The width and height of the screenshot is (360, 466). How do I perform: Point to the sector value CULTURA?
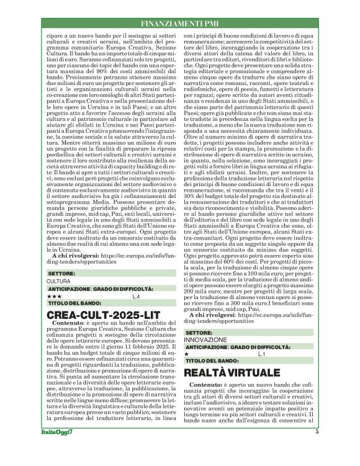coord(58,281)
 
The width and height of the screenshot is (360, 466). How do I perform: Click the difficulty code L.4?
coord(136,297)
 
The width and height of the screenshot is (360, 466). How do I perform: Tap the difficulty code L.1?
coord(261,354)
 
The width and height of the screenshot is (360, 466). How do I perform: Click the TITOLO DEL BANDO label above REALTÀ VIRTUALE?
coord(212,361)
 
